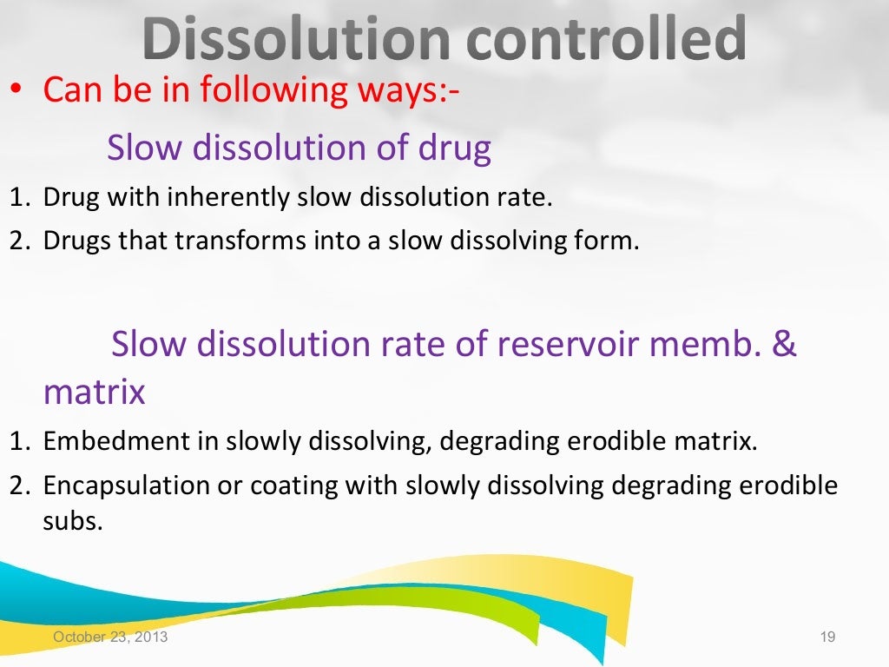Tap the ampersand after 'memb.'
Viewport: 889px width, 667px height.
(x=784, y=345)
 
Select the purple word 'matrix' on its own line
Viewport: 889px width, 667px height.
(x=95, y=393)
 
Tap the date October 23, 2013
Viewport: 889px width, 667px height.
(x=111, y=638)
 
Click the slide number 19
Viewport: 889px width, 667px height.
(x=826, y=638)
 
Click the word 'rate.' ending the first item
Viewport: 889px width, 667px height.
(x=524, y=198)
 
